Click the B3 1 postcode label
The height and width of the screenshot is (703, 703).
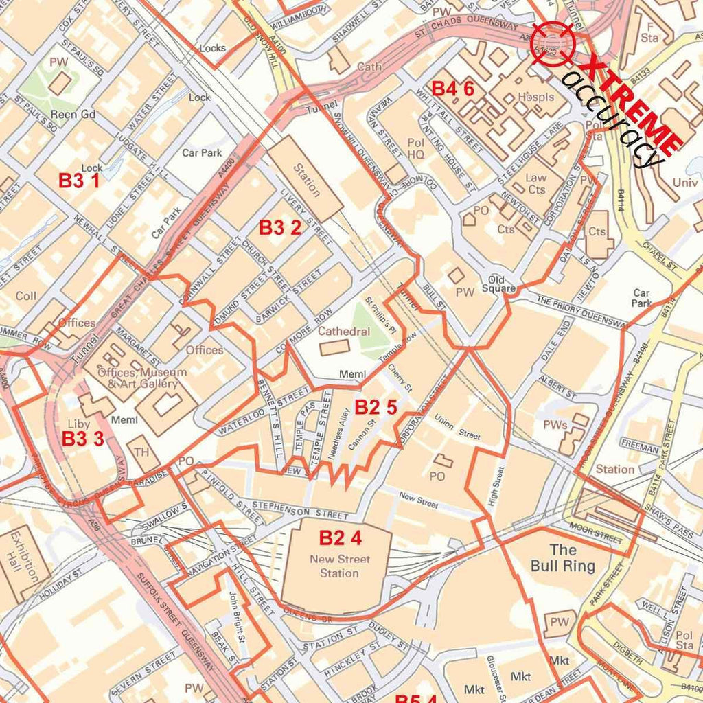tap(79, 181)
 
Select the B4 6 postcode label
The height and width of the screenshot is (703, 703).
tap(452, 89)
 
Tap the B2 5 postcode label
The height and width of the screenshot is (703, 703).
tap(376, 408)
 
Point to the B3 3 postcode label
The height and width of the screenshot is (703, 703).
tap(83, 439)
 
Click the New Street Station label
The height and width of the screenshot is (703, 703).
tap(339, 566)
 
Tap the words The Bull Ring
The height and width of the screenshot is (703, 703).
tap(563, 557)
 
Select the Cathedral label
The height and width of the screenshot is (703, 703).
tap(344, 332)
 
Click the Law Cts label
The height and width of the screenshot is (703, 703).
tap(536, 183)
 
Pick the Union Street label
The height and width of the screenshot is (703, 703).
tap(457, 430)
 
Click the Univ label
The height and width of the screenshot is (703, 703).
tap(684, 183)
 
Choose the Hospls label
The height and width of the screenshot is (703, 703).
tap(535, 97)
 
